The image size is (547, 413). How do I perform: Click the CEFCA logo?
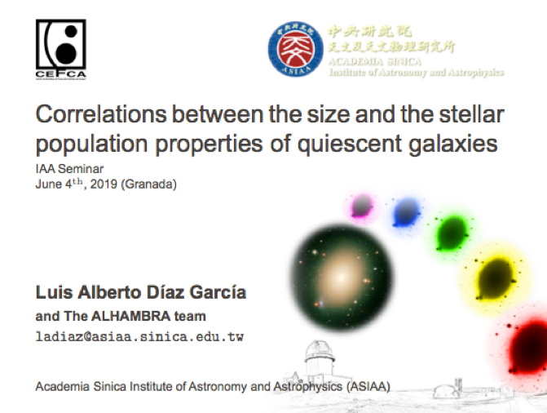point(60,49)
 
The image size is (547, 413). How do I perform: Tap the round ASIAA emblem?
point(295,49)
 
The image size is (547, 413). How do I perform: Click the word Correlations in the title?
point(101,114)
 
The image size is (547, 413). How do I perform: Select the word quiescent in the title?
point(349,144)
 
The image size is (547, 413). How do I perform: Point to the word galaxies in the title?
point(452,144)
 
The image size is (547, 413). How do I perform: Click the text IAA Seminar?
point(69,169)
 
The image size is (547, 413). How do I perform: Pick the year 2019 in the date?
point(104,184)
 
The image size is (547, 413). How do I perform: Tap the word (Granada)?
point(148,184)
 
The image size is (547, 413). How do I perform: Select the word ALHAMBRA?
point(130,316)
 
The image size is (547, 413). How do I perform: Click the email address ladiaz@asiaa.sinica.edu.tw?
point(139,337)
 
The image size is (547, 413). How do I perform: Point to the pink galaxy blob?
point(362,206)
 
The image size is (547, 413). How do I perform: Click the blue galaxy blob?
point(406,212)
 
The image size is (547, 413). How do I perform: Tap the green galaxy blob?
point(452,233)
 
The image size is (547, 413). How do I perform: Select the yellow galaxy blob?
point(496,278)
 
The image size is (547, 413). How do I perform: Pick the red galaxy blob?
point(527,346)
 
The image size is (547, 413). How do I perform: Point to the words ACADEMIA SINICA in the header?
point(375,62)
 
